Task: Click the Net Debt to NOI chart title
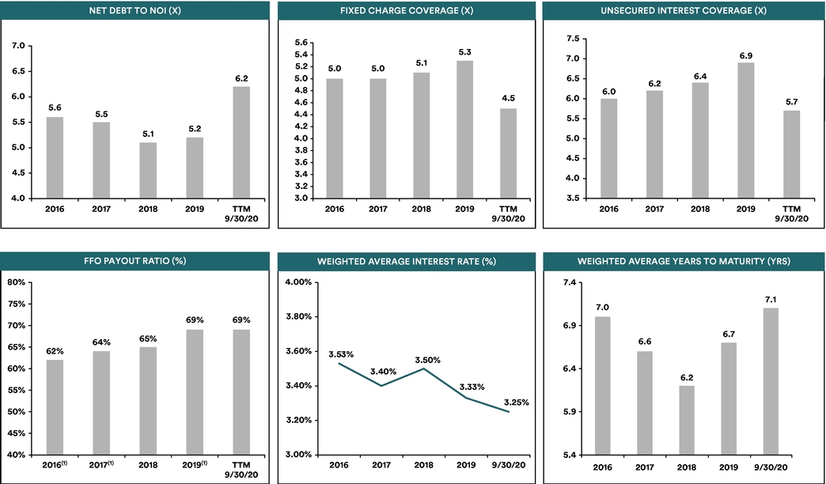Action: pos(135,10)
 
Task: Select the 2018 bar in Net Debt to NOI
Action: pos(148,171)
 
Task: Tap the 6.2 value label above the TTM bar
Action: pos(242,78)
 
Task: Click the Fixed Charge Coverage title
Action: pos(407,10)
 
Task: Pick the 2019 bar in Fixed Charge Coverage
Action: pos(464,130)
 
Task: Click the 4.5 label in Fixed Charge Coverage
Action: pos(509,99)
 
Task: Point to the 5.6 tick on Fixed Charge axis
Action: pos(301,43)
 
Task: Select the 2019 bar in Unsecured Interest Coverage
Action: pos(746,130)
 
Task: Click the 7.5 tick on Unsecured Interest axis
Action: pos(573,39)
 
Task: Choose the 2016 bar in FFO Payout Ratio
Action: pos(55,407)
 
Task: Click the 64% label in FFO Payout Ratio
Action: pos(101,342)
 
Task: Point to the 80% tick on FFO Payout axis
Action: pos(17,282)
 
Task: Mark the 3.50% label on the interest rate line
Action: pos(427,361)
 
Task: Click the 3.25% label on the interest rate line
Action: pos(516,403)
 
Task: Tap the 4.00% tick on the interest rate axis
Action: pos(298,282)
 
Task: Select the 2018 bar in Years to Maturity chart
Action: pos(687,420)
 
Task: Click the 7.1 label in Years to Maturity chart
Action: pos(771,300)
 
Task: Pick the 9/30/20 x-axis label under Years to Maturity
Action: pos(771,467)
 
